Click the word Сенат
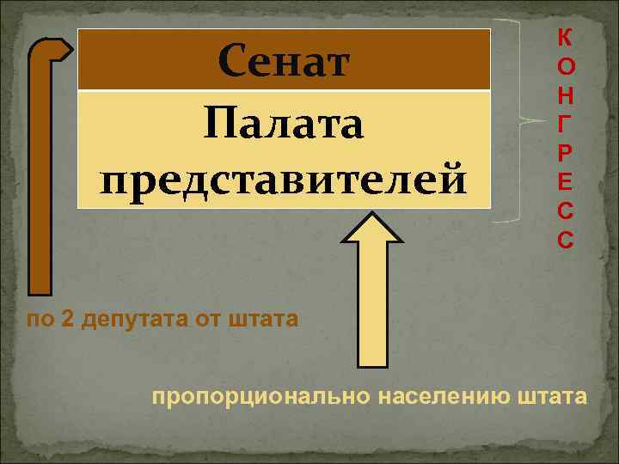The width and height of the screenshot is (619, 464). coord(284,60)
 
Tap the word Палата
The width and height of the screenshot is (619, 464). coord(284,126)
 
